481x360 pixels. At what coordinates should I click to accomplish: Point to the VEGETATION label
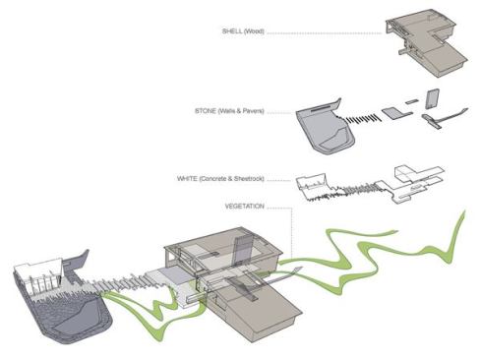click(246, 208)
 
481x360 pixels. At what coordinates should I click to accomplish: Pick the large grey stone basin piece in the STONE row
click(324, 126)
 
